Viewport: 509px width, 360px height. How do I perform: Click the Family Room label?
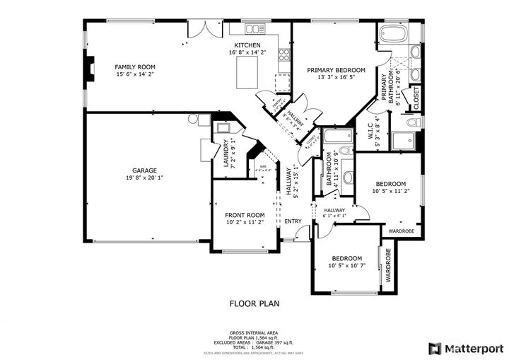tap(134, 66)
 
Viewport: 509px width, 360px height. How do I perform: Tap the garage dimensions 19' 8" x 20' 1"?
tap(144, 178)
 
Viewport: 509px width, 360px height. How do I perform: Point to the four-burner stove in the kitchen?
tap(284, 53)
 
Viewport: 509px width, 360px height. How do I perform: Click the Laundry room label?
tap(226, 152)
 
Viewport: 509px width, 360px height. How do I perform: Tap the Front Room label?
tap(245, 215)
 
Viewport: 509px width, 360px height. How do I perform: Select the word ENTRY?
tap(293, 221)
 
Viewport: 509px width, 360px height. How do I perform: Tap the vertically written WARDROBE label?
tap(388, 267)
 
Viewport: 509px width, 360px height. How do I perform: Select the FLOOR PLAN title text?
tap(255, 304)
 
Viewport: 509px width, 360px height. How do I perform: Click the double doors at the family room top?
tap(210, 28)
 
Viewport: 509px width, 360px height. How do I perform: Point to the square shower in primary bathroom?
tap(405, 141)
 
